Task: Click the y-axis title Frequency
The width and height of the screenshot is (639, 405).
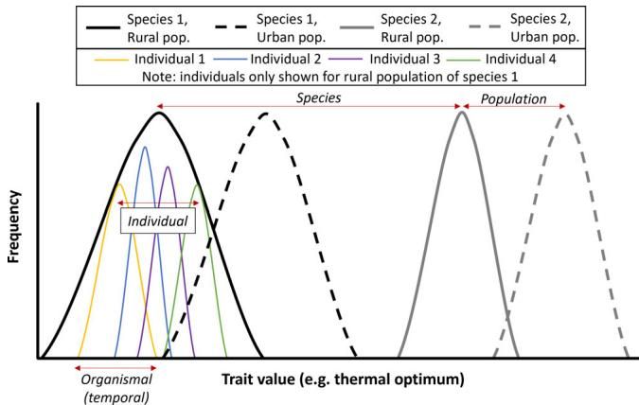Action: pyautogui.click(x=13, y=227)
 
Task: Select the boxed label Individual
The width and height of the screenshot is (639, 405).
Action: pyautogui.click(x=157, y=221)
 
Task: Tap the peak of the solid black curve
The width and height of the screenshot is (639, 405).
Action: pyautogui.click(x=158, y=114)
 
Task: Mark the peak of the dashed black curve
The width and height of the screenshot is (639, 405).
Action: pyautogui.click(x=266, y=114)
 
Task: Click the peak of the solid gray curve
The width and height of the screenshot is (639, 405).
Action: pyautogui.click(x=462, y=113)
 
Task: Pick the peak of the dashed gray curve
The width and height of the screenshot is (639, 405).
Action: pyautogui.click(x=565, y=114)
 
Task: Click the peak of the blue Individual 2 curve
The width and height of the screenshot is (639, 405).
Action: pyautogui.click(x=145, y=147)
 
